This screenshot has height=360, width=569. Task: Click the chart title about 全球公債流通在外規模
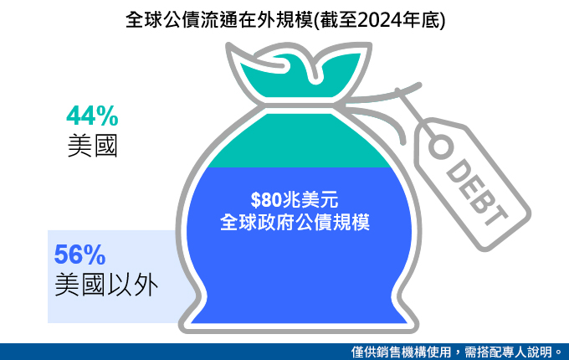[x=285, y=20]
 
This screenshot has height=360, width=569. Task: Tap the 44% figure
[x=92, y=116]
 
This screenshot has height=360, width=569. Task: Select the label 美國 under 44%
[x=93, y=146]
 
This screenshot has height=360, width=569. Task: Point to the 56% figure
[x=79, y=255]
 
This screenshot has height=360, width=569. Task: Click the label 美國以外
[x=106, y=285]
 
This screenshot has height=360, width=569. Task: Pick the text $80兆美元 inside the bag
[x=295, y=199]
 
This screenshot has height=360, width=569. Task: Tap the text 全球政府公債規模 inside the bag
[x=295, y=222]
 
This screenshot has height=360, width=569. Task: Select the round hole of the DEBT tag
[x=441, y=147]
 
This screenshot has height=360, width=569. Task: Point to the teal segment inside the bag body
[x=300, y=143]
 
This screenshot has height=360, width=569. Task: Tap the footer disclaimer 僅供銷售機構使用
[x=401, y=352]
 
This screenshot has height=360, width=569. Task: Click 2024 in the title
[x=380, y=20]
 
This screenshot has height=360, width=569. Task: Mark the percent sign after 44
[x=107, y=116]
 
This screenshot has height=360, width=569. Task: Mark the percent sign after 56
[x=95, y=255]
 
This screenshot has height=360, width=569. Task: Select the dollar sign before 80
[x=255, y=200]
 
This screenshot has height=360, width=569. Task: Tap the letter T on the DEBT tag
[x=496, y=215]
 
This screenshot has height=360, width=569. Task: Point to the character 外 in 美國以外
[x=146, y=285]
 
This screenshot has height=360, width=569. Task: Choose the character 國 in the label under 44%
[x=105, y=146]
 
